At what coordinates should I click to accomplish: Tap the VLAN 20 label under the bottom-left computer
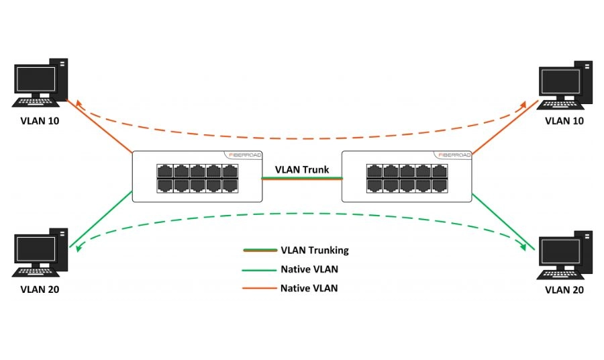[40, 289]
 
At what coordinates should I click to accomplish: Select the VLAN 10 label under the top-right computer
[564, 121]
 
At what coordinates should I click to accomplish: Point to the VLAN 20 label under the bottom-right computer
[564, 289]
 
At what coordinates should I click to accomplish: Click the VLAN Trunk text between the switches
[302, 170]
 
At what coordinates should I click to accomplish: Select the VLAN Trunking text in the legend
[315, 251]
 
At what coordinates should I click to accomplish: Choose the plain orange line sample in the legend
[260, 288]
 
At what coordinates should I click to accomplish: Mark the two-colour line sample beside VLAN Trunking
[260, 251]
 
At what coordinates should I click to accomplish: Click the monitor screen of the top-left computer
[34, 81]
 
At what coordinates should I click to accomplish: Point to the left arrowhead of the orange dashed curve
[79, 103]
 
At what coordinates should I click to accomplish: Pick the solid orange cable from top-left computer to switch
[99, 128]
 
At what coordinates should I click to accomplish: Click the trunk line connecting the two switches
[302, 178]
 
